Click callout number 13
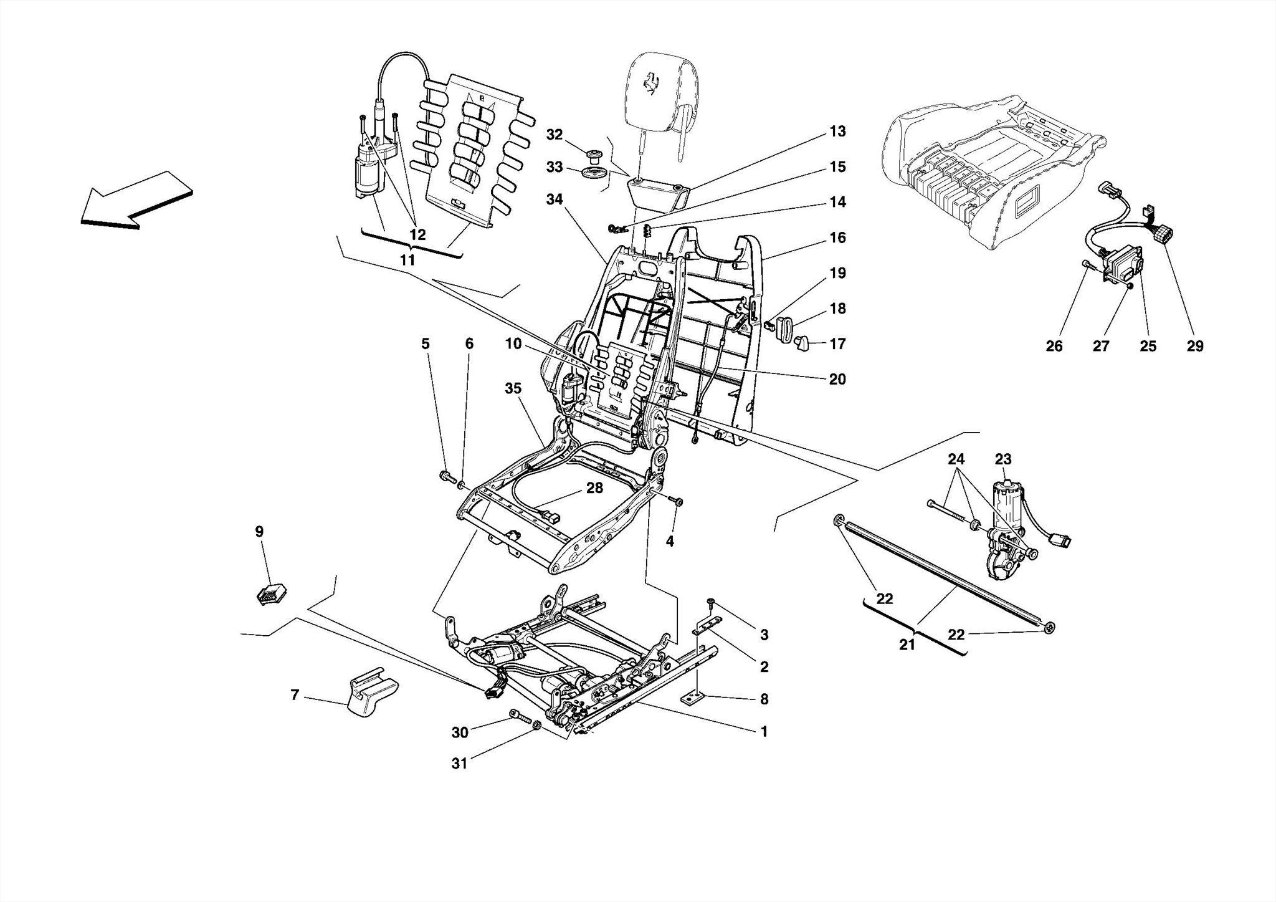point(837,132)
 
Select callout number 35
point(513,388)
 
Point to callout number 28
point(594,488)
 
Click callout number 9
point(259,532)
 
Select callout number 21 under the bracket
point(907,645)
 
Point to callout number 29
point(1194,346)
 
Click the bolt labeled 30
point(517,714)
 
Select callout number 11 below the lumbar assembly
point(407,259)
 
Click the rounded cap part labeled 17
point(801,342)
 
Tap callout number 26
point(1054,346)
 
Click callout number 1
point(764,732)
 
